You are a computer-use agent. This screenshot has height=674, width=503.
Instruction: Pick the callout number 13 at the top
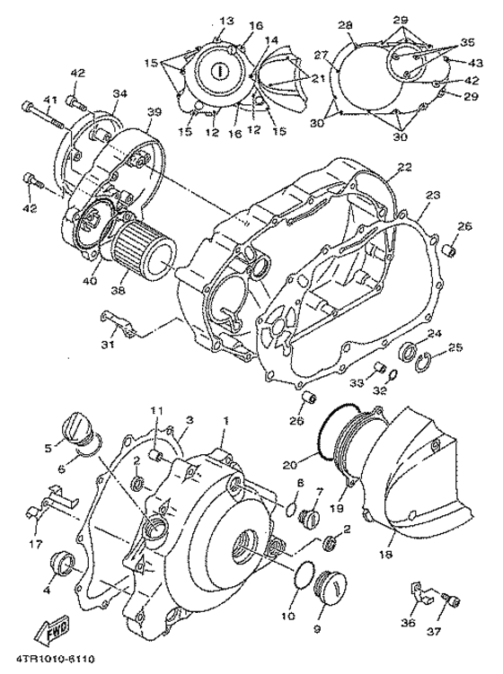(x=225, y=20)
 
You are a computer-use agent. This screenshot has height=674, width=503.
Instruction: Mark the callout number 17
(x=35, y=544)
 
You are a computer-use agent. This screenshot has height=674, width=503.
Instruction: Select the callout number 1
(x=225, y=419)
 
